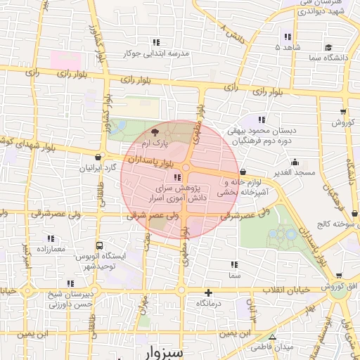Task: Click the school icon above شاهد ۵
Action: (287, 37)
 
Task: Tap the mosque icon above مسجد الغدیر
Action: (300, 160)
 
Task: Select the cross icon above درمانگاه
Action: (208, 292)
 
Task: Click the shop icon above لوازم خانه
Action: (243, 171)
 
